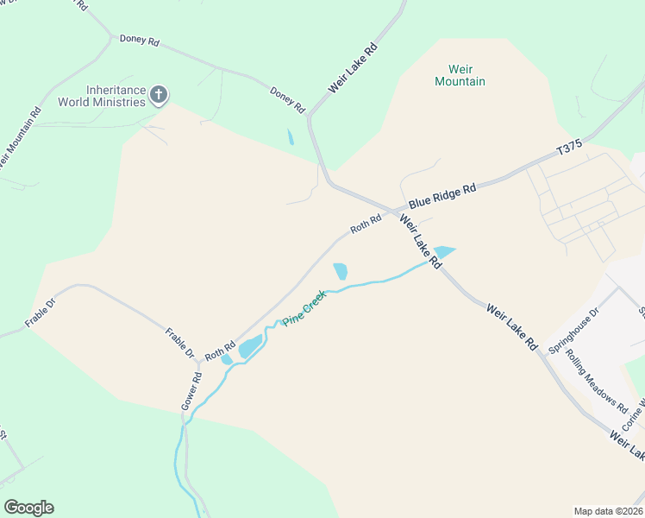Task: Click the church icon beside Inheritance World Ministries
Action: point(159,93)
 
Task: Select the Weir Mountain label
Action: point(460,75)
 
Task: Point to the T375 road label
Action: point(570,148)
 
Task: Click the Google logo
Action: point(28,508)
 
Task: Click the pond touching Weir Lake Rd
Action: point(443,252)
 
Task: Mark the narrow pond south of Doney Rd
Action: point(291,136)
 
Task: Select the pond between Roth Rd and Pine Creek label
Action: point(341,271)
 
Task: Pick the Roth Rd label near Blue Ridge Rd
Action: point(366,224)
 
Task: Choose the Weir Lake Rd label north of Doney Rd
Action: point(353,68)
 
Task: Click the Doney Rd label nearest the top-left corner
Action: point(140,40)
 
